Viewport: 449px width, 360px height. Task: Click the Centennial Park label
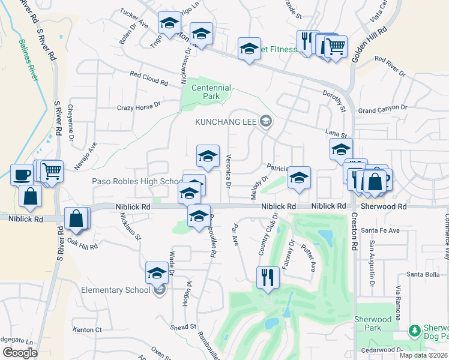click(x=211, y=92)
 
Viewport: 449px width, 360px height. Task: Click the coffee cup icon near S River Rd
click(x=22, y=175)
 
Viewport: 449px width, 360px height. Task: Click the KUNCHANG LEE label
click(x=226, y=122)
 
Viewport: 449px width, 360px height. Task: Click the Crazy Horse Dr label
click(x=139, y=106)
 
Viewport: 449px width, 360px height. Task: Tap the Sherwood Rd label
click(x=385, y=206)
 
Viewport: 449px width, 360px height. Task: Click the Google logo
click(x=20, y=353)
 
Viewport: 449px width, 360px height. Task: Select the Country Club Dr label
click(x=268, y=234)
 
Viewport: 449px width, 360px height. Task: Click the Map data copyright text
click(x=424, y=355)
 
